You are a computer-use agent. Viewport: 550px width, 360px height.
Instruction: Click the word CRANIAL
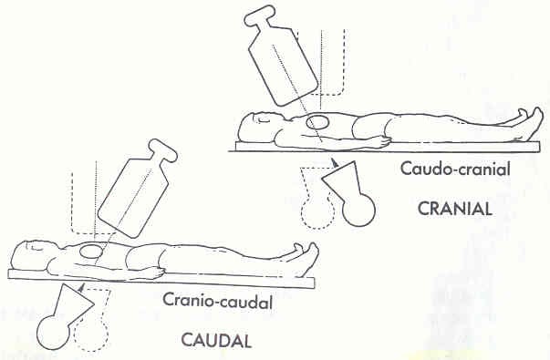(455, 207)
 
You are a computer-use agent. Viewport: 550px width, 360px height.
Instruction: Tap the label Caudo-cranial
(442, 169)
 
